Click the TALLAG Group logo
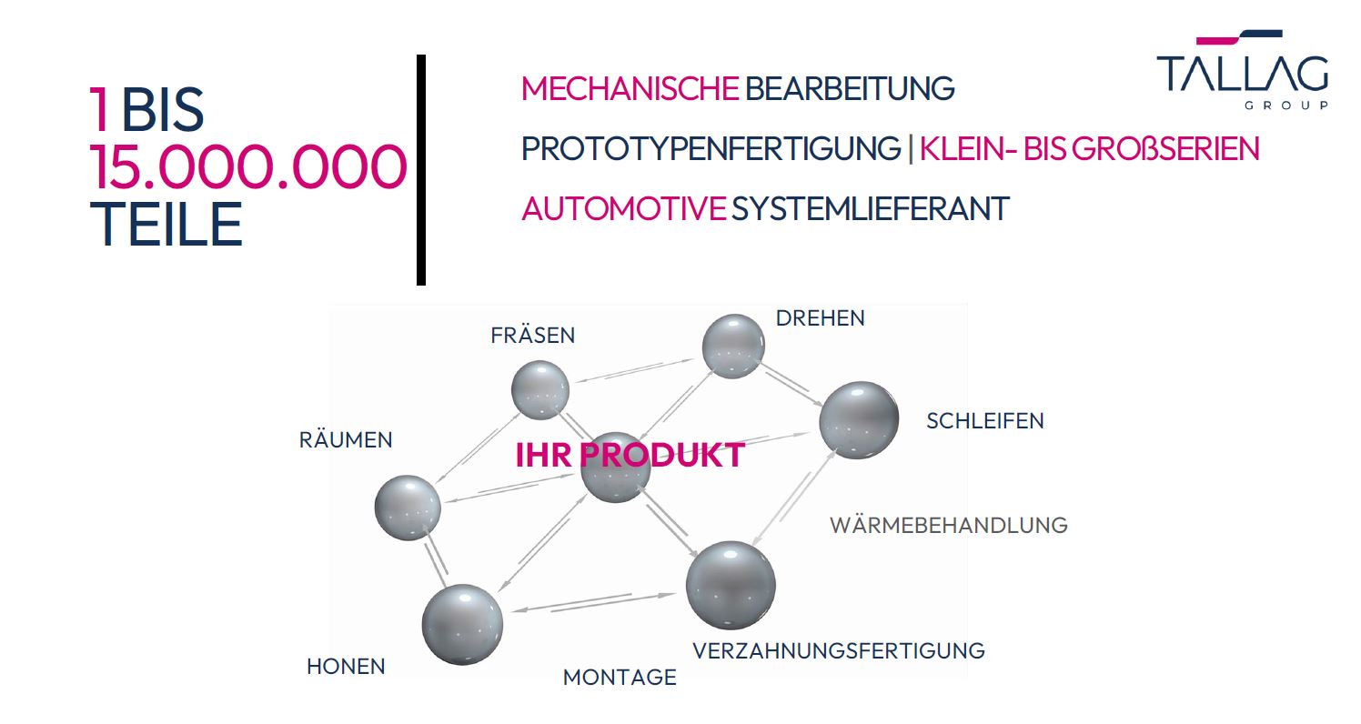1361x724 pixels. click(1243, 70)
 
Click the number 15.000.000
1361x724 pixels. click(247, 167)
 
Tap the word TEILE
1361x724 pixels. click(166, 224)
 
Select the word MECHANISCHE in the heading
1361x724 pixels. click(630, 88)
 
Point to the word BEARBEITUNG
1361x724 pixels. click(850, 88)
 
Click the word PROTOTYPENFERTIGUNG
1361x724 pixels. click(711, 149)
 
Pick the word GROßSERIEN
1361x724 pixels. click(1165, 149)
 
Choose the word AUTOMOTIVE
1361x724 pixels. click(623, 209)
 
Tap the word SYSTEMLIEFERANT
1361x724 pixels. click(870, 209)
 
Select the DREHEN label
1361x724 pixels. click(821, 318)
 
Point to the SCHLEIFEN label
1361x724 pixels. click(985, 421)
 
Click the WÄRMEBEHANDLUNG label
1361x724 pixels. click(949, 525)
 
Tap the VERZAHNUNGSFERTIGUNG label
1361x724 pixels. click(839, 650)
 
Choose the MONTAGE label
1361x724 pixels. click(620, 678)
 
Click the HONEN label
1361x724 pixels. click(346, 667)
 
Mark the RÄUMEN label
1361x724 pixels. click(346, 438)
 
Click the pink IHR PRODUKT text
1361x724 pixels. click(630, 455)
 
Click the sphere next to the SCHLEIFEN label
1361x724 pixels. click(859, 420)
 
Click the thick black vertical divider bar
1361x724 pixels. click(421, 170)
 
